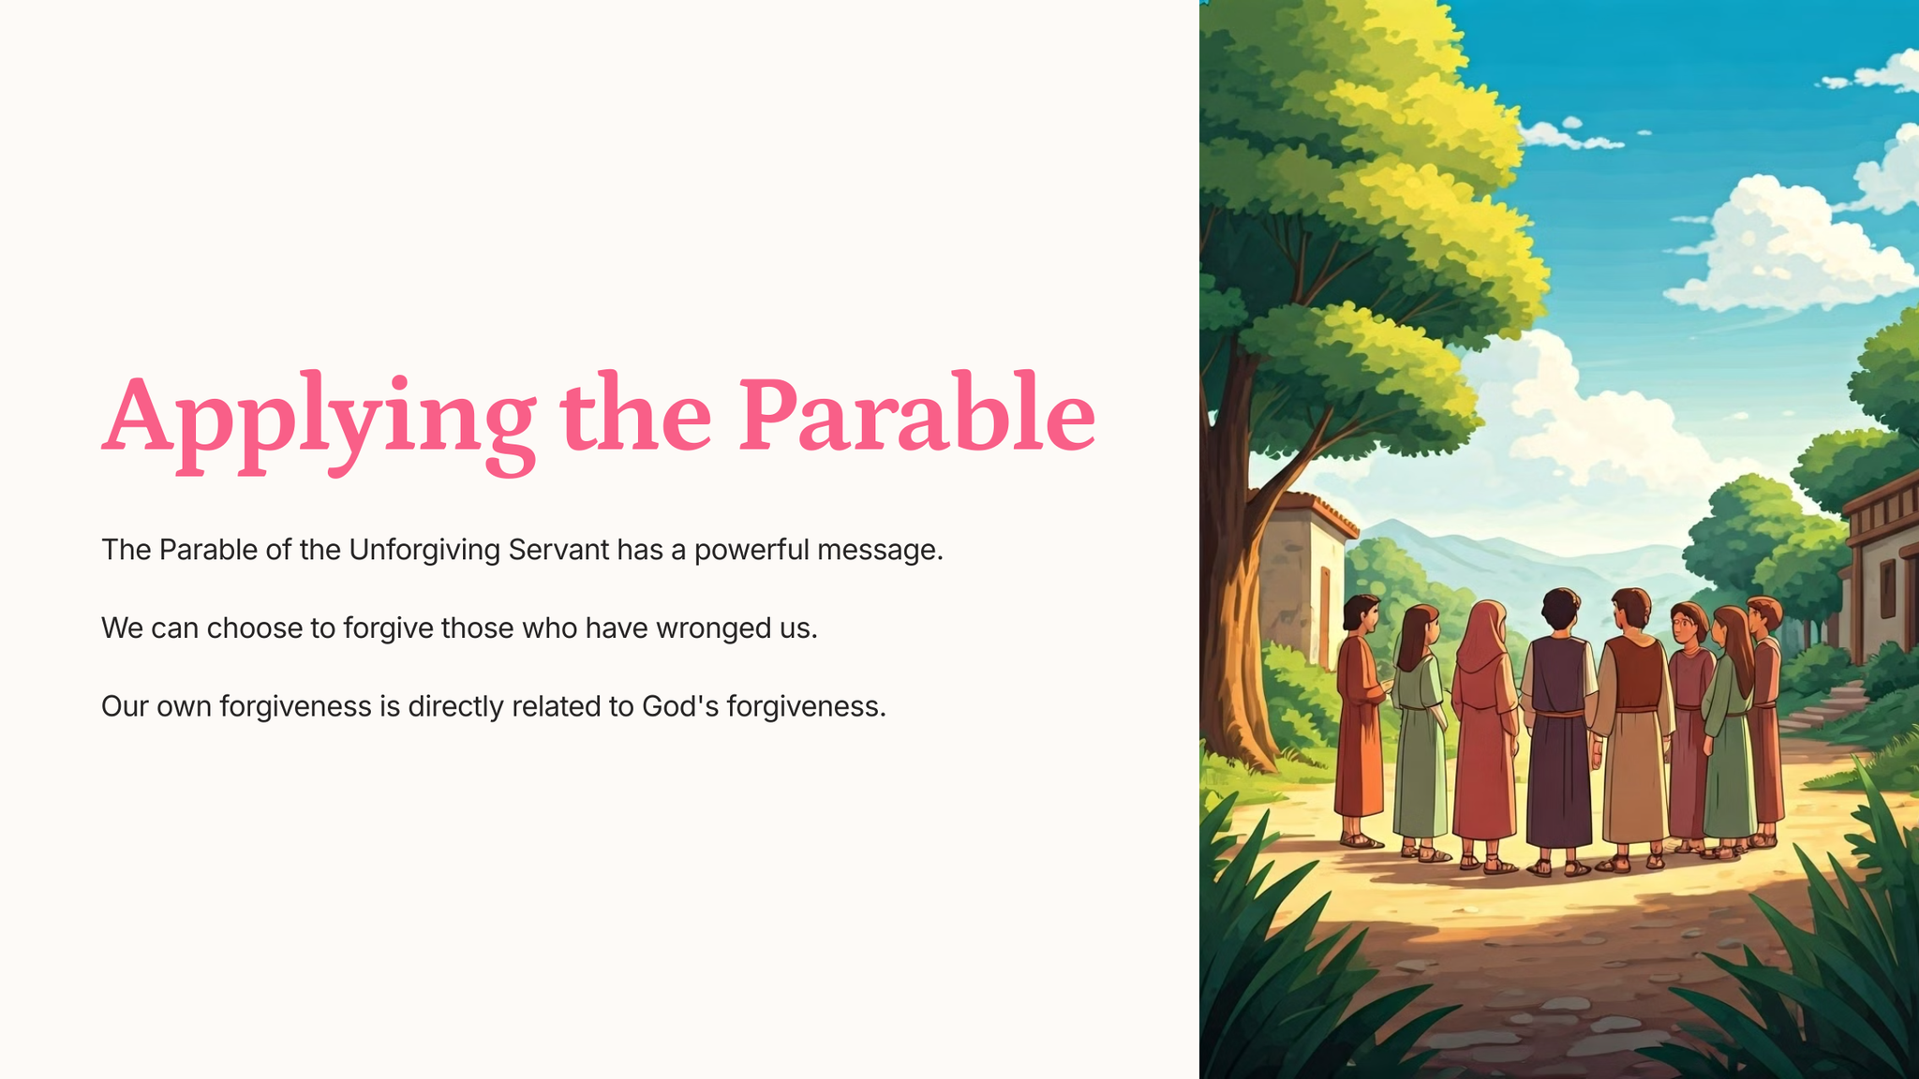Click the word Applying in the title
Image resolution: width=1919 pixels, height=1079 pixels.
tap(320, 421)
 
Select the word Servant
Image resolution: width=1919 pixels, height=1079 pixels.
tap(558, 549)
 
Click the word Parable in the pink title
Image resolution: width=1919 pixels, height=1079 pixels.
tap(917, 413)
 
